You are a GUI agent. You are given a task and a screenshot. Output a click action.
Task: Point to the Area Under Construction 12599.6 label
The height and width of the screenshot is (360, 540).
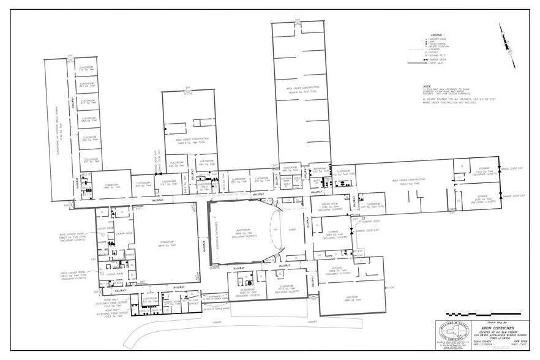298,90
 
